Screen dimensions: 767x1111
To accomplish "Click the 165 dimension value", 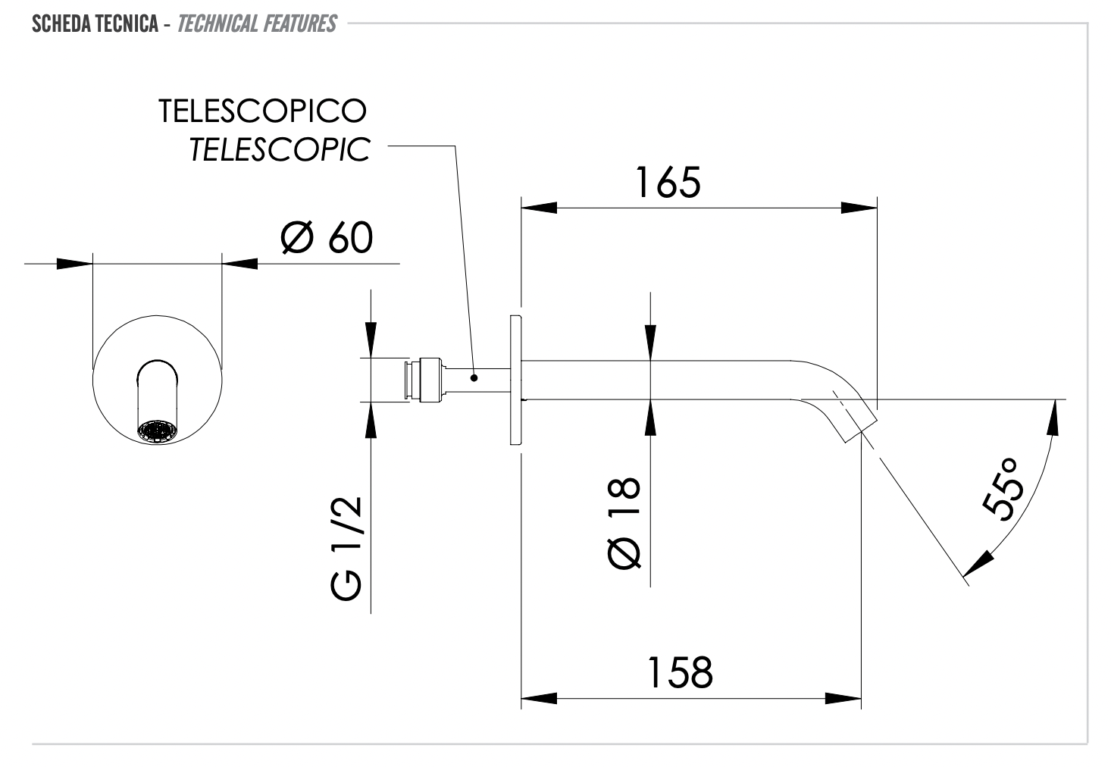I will (x=668, y=183).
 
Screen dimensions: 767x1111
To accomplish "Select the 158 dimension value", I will (x=679, y=672).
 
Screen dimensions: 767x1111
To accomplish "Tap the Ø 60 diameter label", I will (x=327, y=238).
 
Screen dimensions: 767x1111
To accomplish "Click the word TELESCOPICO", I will (x=263, y=111).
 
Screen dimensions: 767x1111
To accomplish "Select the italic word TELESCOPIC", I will (x=279, y=149).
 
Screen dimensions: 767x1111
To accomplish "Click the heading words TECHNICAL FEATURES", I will (x=256, y=24).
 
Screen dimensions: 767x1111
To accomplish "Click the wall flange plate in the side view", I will (x=515, y=380).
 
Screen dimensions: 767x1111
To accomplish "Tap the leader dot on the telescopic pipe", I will (x=474, y=377).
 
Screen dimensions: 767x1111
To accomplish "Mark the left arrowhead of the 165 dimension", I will (x=538, y=208).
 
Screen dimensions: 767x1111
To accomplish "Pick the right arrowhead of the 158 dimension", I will (x=843, y=697).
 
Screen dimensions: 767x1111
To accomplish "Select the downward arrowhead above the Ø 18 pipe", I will (x=650, y=338).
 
